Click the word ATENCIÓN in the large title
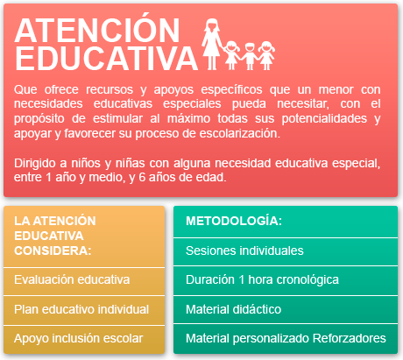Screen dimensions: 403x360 coord(97,30)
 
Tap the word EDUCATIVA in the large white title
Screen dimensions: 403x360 coord(106,58)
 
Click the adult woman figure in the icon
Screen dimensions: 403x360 coord(212,44)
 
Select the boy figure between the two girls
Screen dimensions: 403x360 coord(250,56)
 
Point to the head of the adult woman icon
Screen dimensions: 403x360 coord(212,25)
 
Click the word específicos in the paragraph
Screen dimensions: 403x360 coord(231,89)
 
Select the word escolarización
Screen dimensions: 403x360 coord(240,133)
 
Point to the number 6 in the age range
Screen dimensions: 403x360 coord(142,177)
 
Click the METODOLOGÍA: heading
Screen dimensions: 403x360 coord(234,221)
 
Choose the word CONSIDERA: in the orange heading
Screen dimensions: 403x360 coord(53,251)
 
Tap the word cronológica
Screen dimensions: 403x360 coord(308,280)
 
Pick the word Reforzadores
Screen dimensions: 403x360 coord(350,338)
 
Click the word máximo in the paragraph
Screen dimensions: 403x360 coord(188,119)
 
